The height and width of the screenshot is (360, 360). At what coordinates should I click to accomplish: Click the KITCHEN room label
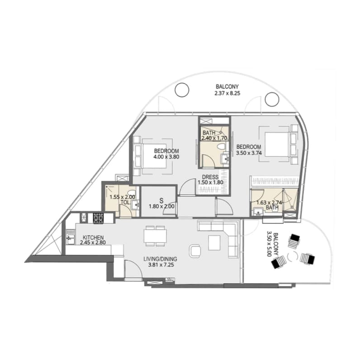[93, 237]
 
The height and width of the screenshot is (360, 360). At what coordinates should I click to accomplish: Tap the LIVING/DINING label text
[160, 259]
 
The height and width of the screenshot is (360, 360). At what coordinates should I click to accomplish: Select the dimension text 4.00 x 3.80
[166, 157]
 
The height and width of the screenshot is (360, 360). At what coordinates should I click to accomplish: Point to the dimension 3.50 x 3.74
[249, 153]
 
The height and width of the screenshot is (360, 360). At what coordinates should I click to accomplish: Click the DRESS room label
[210, 177]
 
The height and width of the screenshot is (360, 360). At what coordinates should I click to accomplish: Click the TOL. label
[125, 202]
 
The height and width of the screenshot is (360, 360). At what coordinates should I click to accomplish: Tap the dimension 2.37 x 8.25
[227, 93]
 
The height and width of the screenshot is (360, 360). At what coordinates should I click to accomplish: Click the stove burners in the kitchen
[98, 218]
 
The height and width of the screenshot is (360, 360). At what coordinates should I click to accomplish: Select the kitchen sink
[70, 237]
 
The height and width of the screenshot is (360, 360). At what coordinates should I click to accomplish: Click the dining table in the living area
[156, 236]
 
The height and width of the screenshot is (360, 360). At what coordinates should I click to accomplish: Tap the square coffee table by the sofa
[214, 243]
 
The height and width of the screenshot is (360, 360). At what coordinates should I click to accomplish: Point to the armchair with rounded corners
[195, 251]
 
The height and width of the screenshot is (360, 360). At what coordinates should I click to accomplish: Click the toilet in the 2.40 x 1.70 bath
[222, 147]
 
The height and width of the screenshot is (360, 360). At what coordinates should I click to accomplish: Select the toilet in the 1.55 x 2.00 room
[132, 192]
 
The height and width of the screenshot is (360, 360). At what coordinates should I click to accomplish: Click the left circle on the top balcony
[182, 90]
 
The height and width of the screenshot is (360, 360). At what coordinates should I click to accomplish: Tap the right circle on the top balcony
[272, 99]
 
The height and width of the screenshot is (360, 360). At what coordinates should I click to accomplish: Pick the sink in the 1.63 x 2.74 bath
[258, 211]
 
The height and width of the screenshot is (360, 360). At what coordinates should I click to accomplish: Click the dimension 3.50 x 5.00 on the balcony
[273, 245]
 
